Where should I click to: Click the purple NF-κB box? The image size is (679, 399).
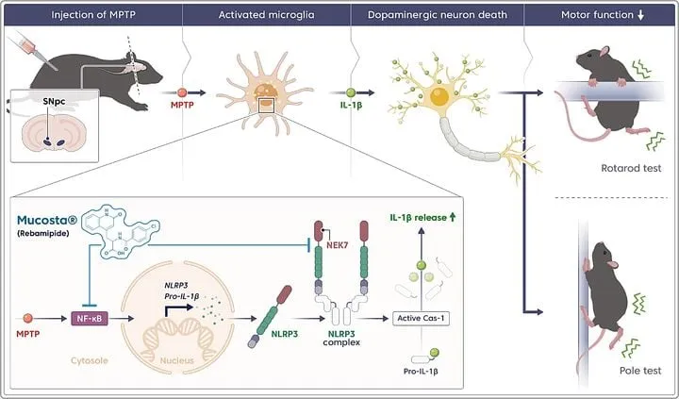coord(91,319)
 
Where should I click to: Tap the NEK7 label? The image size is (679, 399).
coord(338,245)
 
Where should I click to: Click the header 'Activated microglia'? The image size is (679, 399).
coord(266,15)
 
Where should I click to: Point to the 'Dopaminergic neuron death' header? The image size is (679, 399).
coord(437,15)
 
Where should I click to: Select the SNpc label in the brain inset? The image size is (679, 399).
coord(54,101)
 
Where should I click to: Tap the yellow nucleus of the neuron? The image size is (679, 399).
coord(439,96)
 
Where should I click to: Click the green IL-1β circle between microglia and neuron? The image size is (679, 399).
coord(351,92)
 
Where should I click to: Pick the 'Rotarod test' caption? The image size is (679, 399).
coord(631,168)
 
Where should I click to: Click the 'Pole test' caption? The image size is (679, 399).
coord(640,371)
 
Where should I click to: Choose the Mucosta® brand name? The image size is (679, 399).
coord(47,221)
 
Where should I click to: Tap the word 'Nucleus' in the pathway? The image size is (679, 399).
coord(177,360)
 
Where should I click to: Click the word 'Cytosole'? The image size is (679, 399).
coord(90,360)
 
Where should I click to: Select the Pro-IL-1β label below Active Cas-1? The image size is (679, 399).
coord(421,372)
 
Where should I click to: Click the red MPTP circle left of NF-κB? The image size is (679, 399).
coord(27,319)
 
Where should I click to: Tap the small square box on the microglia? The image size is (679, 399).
coord(266,106)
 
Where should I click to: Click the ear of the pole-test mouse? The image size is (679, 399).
coord(612,264)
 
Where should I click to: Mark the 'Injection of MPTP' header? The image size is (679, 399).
coord(93,15)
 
